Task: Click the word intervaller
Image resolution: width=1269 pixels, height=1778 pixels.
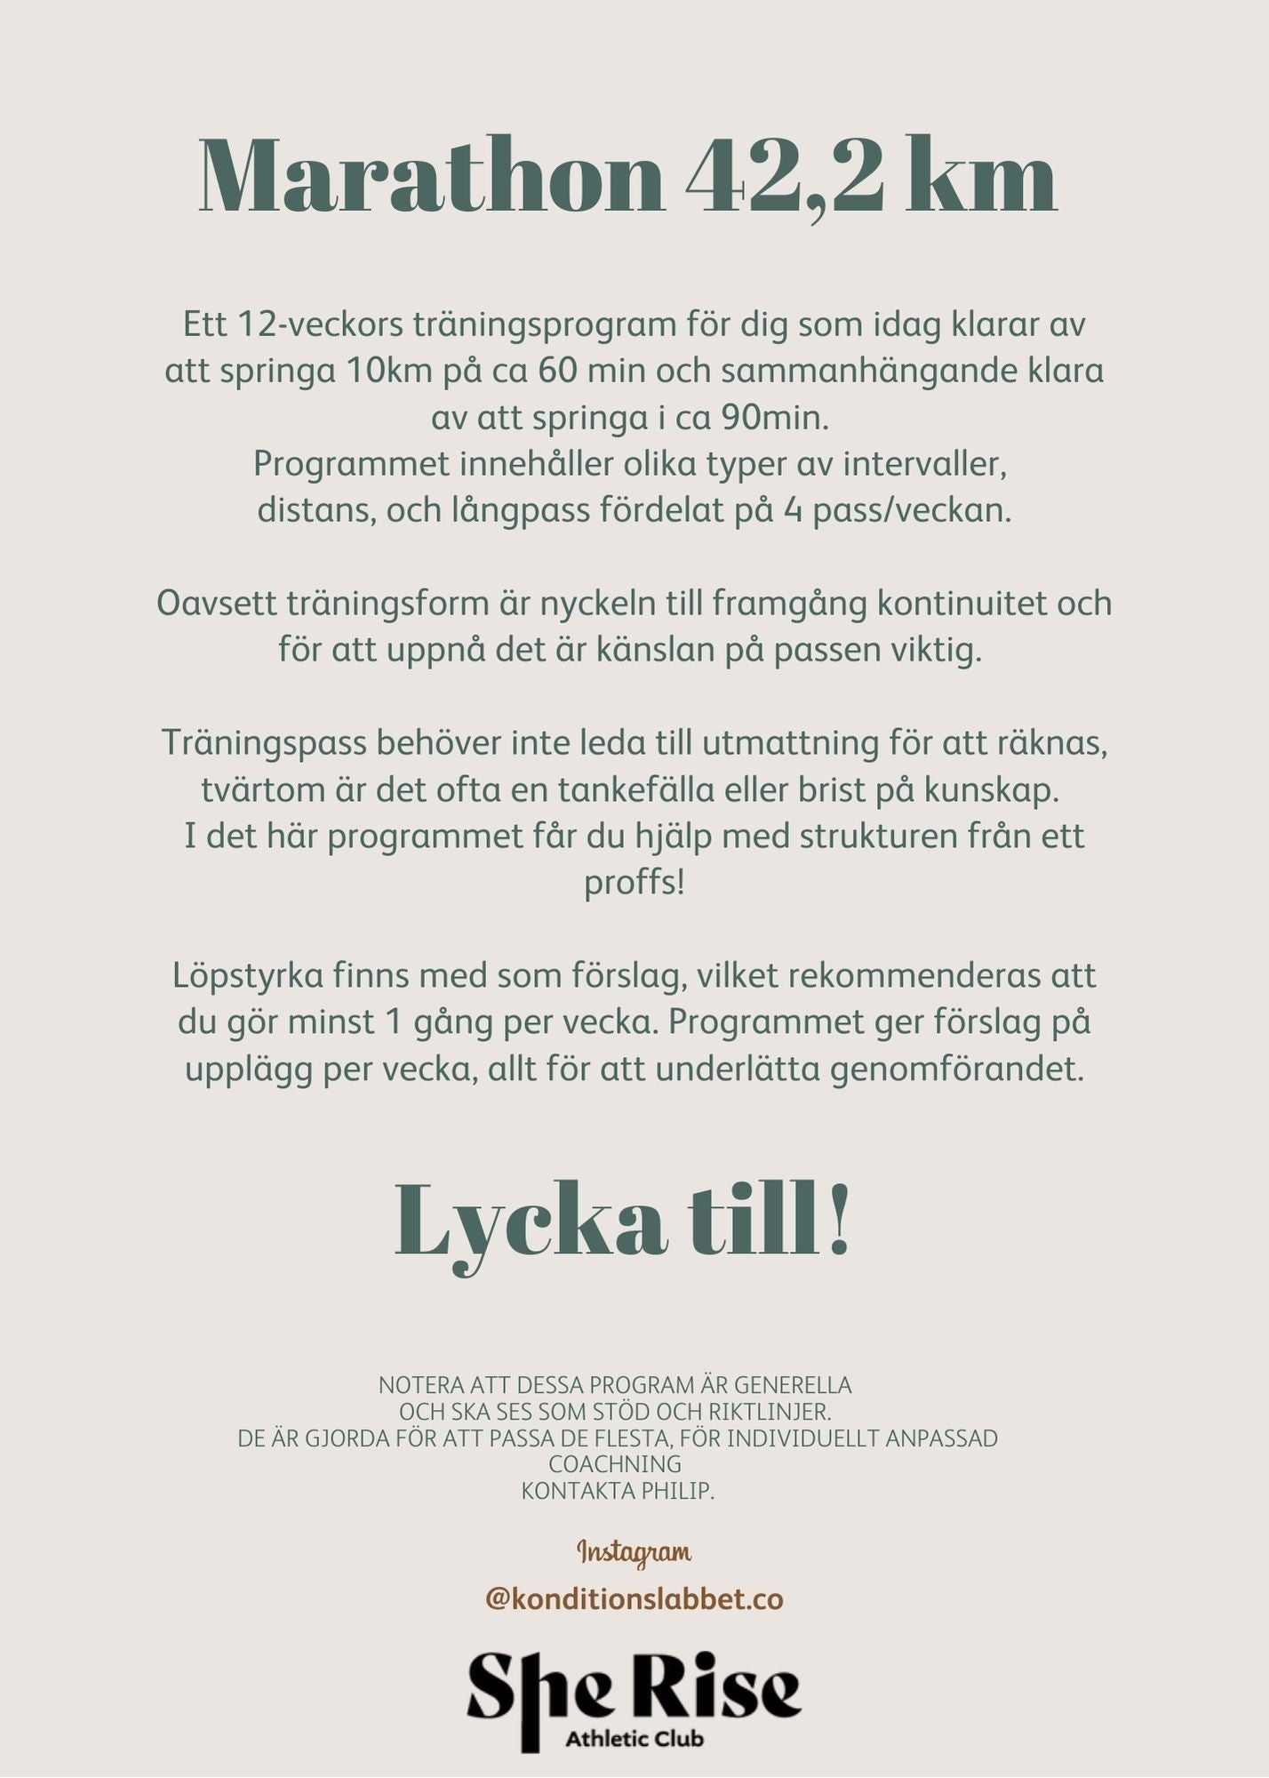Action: click(x=925, y=463)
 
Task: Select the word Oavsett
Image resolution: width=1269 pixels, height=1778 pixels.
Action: click(x=217, y=604)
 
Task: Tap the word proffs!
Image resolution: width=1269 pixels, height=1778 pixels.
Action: click(x=634, y=883)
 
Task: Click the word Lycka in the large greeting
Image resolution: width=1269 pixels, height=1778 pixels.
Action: click(x=531, y=1222)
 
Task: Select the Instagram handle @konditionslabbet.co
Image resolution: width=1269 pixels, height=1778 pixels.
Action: click(x=634, y=1599)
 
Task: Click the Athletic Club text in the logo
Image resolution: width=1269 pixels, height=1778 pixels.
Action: click(x=634, y=1738)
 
